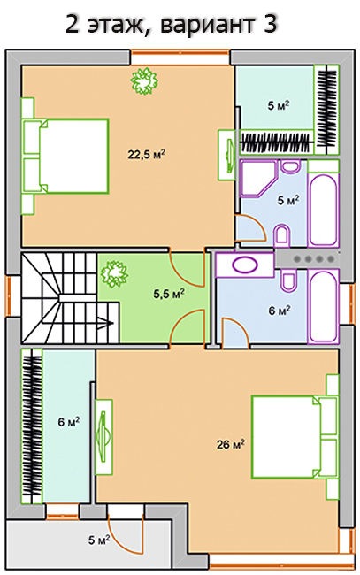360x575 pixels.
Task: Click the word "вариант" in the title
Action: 207,25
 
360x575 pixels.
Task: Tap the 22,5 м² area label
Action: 146,155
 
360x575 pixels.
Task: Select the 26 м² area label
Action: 231,444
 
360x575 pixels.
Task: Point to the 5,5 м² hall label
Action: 169,294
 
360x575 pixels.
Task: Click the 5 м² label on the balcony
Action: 99,540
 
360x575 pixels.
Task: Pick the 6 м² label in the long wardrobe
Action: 69,422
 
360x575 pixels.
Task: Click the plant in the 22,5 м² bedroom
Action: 144,80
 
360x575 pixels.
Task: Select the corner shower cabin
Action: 258,178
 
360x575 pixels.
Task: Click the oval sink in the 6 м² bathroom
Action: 245,264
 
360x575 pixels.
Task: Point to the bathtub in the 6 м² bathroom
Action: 323,306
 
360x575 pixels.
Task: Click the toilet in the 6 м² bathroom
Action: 289,280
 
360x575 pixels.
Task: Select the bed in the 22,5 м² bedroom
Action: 65,156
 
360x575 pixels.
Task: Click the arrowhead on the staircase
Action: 110,323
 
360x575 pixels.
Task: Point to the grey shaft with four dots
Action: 307,258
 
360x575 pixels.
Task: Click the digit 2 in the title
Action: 73,25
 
